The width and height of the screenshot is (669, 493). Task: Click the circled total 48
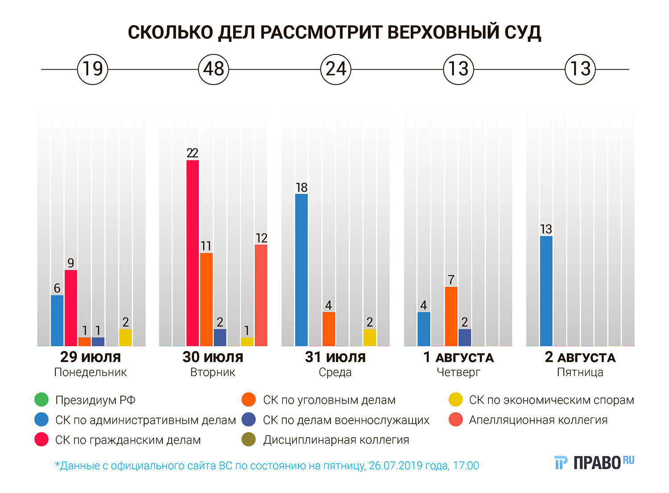click(x=213, y=69)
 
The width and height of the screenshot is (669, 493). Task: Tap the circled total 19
click(x=93, y=69)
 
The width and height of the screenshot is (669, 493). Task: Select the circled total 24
click(x=336, y=69)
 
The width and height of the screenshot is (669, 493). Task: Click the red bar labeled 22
click(x=193, y=253)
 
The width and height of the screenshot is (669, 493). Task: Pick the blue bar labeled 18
click(x=301, y=270)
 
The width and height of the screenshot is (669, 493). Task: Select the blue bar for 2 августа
click(x=546, y=291)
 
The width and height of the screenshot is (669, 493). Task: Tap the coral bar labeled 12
click(x=261, y=295)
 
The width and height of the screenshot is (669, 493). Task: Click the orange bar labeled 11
click(x=206, y=299)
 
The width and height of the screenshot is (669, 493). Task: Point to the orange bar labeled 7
click(x=451, y=316)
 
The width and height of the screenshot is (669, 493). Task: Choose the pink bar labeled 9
click(x=71, y=308)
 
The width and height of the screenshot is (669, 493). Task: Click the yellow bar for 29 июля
click(x=125, y=338)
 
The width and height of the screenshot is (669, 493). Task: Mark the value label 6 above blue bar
click(x=57, y=288)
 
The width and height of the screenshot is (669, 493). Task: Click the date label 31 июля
click(x=335, y=357)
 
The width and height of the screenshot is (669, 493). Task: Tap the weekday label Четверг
click(x=458, y=372)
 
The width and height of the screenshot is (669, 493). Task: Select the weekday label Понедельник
click(x=91, y=372)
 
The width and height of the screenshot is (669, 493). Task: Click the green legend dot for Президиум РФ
click(x=41, y=400)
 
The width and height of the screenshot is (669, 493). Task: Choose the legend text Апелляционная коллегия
click(x=538, y=420)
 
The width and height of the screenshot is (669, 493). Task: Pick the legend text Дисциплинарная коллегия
click(x=336, y=440)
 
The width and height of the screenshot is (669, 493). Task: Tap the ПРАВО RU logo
click(x=594, y=463)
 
